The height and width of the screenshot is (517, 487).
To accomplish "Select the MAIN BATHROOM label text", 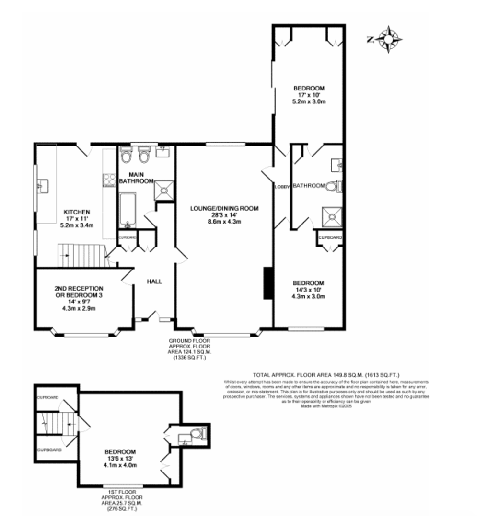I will [136, 178].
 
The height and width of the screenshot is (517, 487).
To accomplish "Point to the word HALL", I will [154, 281].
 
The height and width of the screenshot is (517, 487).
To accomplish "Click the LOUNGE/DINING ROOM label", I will [224, 208].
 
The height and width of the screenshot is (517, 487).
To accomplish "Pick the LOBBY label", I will [282, 187].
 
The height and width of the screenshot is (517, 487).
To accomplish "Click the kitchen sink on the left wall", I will [42, 185].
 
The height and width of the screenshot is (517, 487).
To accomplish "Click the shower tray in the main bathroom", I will [163, 190].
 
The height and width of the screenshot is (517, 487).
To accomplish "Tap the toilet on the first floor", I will [196, 434].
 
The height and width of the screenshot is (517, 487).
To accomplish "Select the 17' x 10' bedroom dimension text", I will [309, 95].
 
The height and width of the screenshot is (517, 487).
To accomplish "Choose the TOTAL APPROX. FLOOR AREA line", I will [326, 375].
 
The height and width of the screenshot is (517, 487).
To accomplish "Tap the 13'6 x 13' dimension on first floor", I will [120, 458].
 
